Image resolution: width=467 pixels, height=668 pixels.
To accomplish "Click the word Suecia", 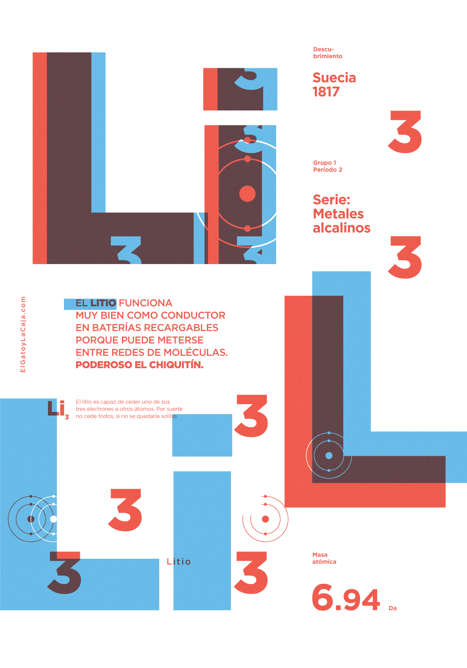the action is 334,78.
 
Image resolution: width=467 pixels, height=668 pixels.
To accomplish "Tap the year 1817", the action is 326,92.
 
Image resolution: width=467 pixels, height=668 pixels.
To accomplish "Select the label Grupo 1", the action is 325,162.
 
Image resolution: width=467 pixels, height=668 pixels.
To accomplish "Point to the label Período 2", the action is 328,169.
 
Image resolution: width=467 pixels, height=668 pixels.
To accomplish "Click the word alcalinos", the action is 342,228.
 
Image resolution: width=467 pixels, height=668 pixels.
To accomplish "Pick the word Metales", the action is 338,214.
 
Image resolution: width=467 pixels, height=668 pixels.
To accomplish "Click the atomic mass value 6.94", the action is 346,598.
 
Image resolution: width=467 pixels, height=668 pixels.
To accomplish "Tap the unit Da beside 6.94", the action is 393,608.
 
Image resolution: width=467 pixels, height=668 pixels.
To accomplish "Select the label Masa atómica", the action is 324,558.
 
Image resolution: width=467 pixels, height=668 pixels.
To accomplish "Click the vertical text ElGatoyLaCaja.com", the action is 23,334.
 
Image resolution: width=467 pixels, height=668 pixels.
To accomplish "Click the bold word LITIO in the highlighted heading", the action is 103,303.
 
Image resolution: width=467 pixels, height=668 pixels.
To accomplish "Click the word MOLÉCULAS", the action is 196,352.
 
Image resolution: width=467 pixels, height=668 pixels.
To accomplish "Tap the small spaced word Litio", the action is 179,562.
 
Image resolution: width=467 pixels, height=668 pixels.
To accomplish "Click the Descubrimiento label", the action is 328,53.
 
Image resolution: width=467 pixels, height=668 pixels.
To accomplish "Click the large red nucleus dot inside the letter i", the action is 247,194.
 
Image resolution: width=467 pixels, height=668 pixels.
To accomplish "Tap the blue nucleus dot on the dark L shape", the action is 329,455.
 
